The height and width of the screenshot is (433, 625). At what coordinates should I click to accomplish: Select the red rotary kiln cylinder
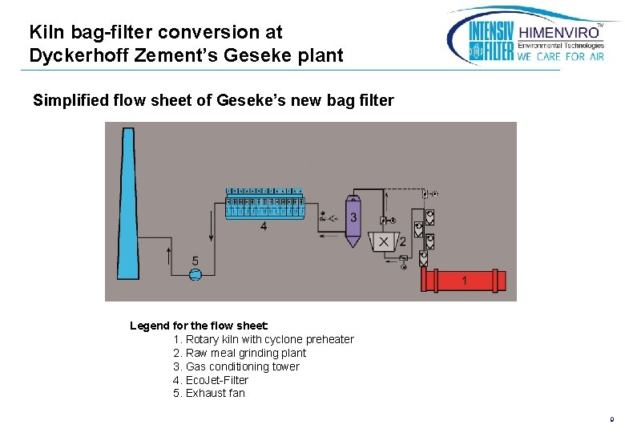point(464,280)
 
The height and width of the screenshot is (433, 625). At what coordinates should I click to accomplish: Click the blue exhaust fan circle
point(195,274)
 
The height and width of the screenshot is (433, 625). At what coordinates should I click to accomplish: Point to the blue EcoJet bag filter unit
point(265,204)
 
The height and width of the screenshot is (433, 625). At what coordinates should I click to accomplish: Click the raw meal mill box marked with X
point(384,241)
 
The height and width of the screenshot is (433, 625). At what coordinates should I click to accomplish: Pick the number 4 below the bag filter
point(264,226)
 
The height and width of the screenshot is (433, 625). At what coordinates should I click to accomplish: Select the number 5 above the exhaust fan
point(195,261)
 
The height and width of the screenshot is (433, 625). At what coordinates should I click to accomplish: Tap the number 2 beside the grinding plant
point(402,241)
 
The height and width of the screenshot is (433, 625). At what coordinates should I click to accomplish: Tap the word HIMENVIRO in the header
point(561,32)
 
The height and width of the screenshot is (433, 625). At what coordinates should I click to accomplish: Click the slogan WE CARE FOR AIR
point(561,57)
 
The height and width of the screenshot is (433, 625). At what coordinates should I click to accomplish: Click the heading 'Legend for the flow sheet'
point(199,326)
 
